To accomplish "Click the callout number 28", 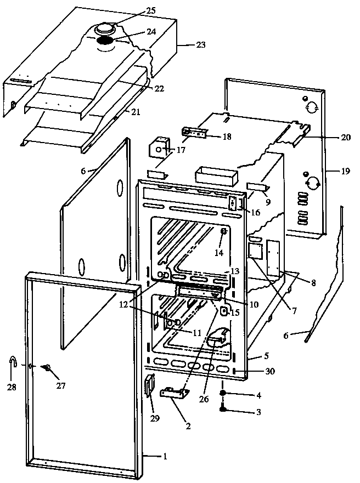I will click(x=12, y=387).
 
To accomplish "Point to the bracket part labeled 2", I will click(x=175, y=393).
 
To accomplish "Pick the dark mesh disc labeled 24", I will click(x=106, y=41).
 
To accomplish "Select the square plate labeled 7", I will click(x=255, y=251).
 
